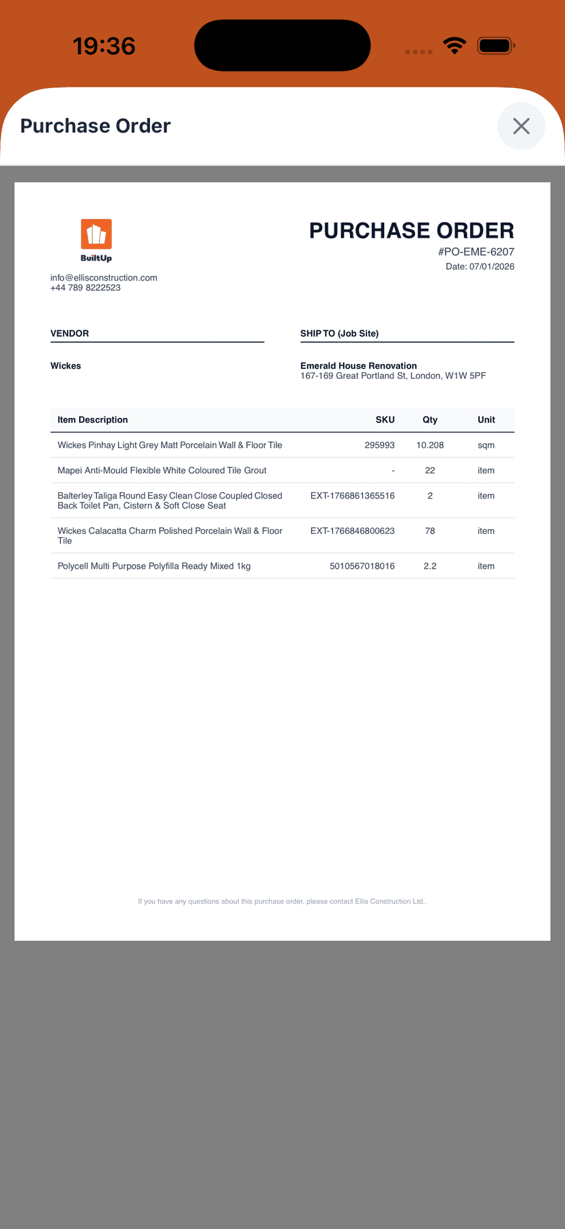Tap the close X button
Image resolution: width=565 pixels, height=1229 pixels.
pos(521,126)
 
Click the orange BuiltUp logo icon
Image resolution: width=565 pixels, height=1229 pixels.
pos(96,235)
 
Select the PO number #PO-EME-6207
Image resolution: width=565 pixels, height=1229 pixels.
pos(476,252)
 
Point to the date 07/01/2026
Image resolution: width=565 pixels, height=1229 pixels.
pos(491,266)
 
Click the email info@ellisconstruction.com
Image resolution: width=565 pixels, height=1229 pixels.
pos(104,278)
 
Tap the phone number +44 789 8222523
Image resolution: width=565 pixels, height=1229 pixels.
pos(85,288)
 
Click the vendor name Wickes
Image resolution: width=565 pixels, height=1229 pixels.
pos(66,366)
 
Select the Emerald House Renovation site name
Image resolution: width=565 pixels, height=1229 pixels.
pos(358,366)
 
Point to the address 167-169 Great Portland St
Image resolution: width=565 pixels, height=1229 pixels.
pos(393,376)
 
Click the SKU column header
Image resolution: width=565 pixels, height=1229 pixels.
pos(385,420)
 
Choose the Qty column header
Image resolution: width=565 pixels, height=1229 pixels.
pos(430,420)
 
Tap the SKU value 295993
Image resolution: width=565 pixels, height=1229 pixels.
pos(379,445)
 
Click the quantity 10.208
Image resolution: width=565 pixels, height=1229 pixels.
pos(430,445)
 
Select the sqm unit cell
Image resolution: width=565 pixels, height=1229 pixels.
pos(486,445)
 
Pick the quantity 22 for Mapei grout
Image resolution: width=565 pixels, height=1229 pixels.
pos(430,470)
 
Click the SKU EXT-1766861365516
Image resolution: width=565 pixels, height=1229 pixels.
pos(352,496)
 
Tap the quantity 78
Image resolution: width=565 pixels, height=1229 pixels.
pos(430,531)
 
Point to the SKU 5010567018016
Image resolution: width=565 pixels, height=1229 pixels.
pos(362,566)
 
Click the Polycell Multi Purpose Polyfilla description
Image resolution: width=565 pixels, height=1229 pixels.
pos(154,566)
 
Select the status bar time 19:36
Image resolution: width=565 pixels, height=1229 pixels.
pos(104,46)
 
